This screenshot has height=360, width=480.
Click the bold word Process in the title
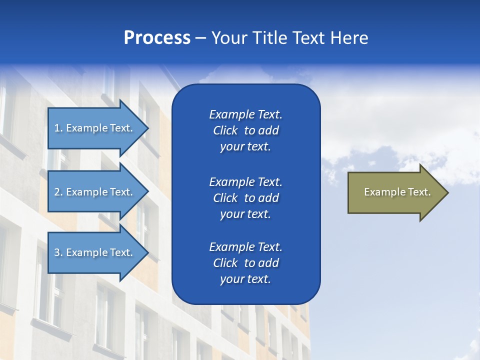[157, 38]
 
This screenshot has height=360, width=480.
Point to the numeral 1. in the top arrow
[58, 128]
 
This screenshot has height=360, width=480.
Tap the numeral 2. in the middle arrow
[58, 192]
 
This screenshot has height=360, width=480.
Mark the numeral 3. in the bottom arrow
[58, 252]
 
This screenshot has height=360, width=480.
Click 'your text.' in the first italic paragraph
[245, 147]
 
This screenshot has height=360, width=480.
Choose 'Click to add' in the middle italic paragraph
[245, 198]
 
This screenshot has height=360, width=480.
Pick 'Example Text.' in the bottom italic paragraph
[245, 247]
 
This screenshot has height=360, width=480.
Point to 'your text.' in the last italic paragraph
[245, 279]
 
